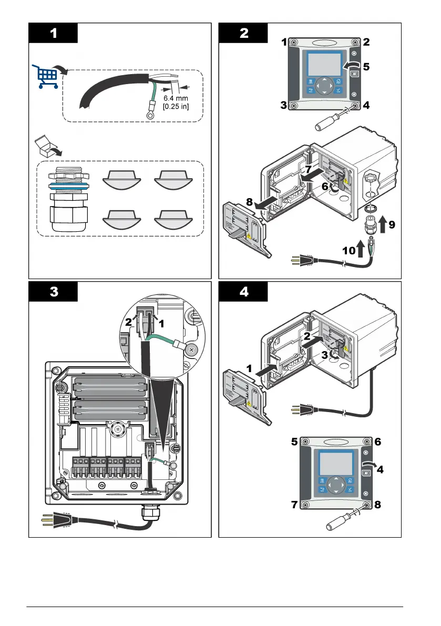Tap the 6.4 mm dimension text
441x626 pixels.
point(175,98)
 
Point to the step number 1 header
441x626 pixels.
point(53,33)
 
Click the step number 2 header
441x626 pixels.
point(243,33)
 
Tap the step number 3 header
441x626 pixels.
point(53,292)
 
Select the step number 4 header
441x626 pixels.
point(243,292)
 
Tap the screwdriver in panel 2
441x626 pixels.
point(331,118)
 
